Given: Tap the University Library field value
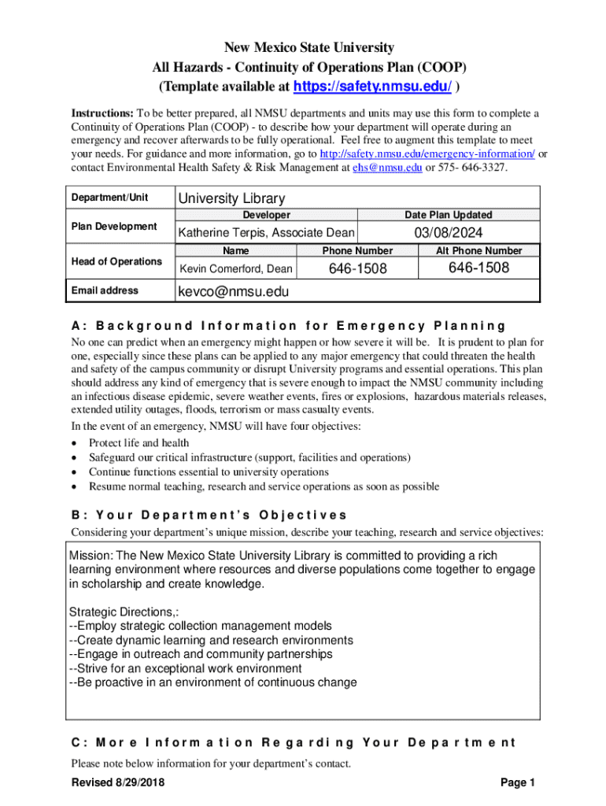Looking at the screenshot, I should (232, 198).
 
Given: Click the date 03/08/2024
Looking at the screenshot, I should (449, 233).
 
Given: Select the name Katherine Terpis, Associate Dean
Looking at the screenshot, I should (266, 233).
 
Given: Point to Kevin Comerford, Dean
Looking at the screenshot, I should (236, 269).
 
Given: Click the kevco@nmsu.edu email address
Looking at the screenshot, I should (234, 292).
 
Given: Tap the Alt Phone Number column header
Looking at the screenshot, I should (479, 251).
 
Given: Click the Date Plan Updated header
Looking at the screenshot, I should (449, 215).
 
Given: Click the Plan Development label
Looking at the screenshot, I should (114, 227).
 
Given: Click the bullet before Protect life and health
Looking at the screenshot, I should (74, 443).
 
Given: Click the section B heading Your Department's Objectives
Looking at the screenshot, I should (209, 515).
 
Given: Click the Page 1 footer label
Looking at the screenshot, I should (517, 782).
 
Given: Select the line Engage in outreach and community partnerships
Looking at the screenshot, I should (201, 654).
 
